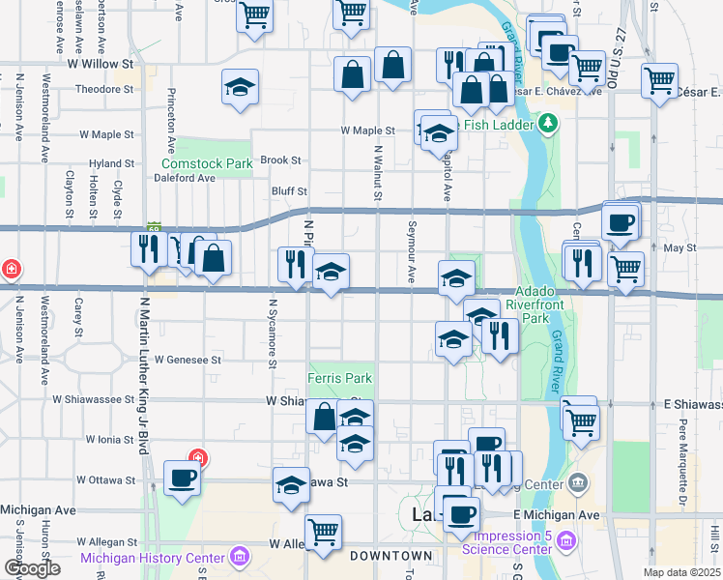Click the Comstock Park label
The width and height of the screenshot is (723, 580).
tap(206, 164)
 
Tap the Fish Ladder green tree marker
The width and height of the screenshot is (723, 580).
tap(548, 123)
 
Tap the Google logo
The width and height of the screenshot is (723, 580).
tap(32, 568)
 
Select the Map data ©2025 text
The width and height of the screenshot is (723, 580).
tap(682, 572)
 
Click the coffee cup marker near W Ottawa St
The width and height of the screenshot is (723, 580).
tap(182, 477)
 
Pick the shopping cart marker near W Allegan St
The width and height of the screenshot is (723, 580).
tap(322, 530)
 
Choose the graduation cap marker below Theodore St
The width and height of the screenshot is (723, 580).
tap(240, 88)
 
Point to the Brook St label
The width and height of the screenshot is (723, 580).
tap(280, 160)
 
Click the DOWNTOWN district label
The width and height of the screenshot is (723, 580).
tap(390, 556)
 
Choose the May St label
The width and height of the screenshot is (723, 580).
tap(680, 248)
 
